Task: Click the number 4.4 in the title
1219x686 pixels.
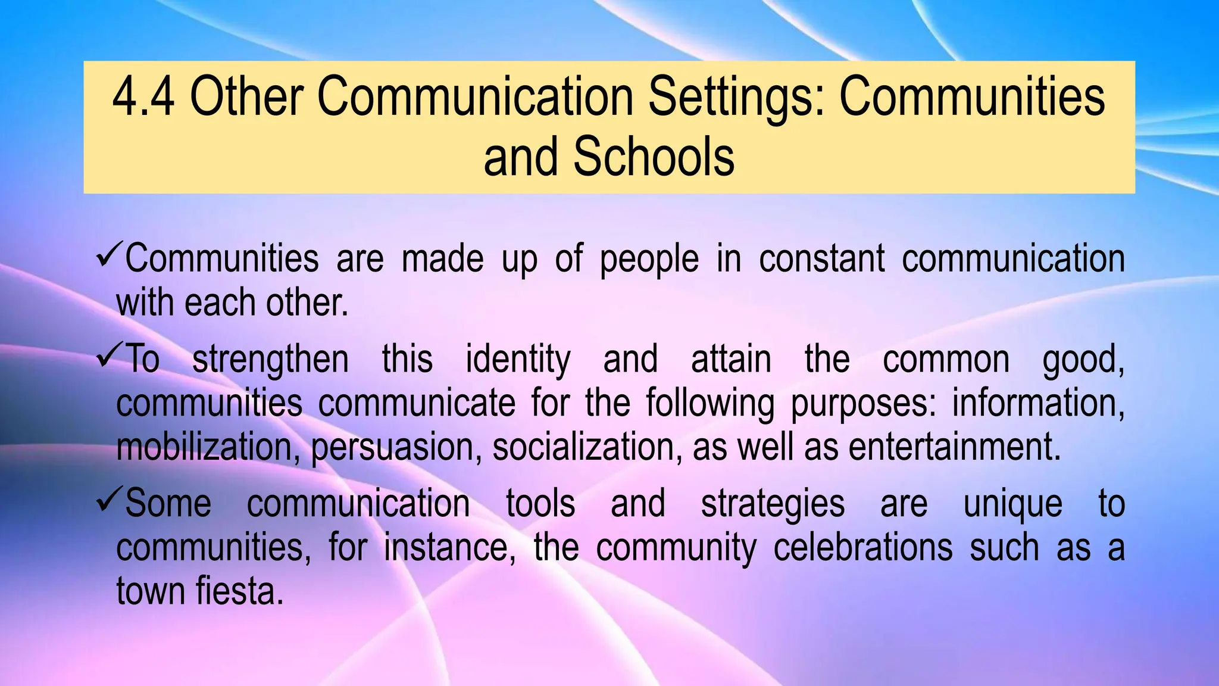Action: (143, 97)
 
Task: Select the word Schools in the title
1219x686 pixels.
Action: (654, 157)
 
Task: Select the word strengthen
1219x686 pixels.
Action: (270, 360)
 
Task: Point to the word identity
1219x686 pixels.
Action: (518, 360)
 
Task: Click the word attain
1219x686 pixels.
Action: (731, 359)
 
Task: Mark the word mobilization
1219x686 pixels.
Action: (208, 447)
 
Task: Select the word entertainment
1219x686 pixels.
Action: (955, 447)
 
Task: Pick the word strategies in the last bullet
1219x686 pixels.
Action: (773, 504)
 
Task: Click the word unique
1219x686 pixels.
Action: (1012, 504)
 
